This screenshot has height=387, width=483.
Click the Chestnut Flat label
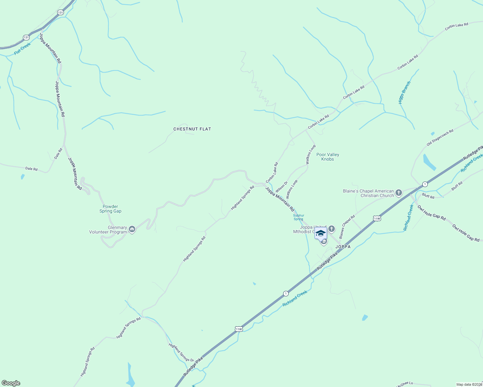pyautogui.click(x=192, y=129)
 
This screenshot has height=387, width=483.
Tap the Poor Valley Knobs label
pyautogui.click(x=328, y=157)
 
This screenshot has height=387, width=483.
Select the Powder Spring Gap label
pyautogui.click(x=110, y=209)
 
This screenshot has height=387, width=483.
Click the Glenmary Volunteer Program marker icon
pyautogui.click(x=132, y=229)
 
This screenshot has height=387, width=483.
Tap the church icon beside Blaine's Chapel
pyautogui.click(x=399, y=193)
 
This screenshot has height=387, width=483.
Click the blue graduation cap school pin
pyautogui.click(x=321, y=233)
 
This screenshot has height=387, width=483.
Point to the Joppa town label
pyautogui.click(x=343, y=247)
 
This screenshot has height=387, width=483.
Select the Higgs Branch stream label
pyautogui.click(x=404, y=93)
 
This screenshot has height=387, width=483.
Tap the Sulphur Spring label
pyautogui.click(x=298, y=217)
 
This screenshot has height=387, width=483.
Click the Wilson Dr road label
pyautogui.click(x=281, y=187)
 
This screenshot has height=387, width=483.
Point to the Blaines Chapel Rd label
pyautogui.click(x=347, y=225)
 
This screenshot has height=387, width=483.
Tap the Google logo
pyautogui.click(x=11, y=383)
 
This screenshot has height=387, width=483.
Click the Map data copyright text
pyautogui.click(x=469, y=384)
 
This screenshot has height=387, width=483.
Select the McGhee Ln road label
pyautogui.click(x=404, y=384)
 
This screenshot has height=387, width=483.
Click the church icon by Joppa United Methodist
pyautogui.click(x=332, y=229)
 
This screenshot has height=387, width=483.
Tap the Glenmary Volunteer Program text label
pyautogui.click(x=108, y=230)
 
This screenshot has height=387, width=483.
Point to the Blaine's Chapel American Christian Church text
pyautogui.click(x=368, y=193)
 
